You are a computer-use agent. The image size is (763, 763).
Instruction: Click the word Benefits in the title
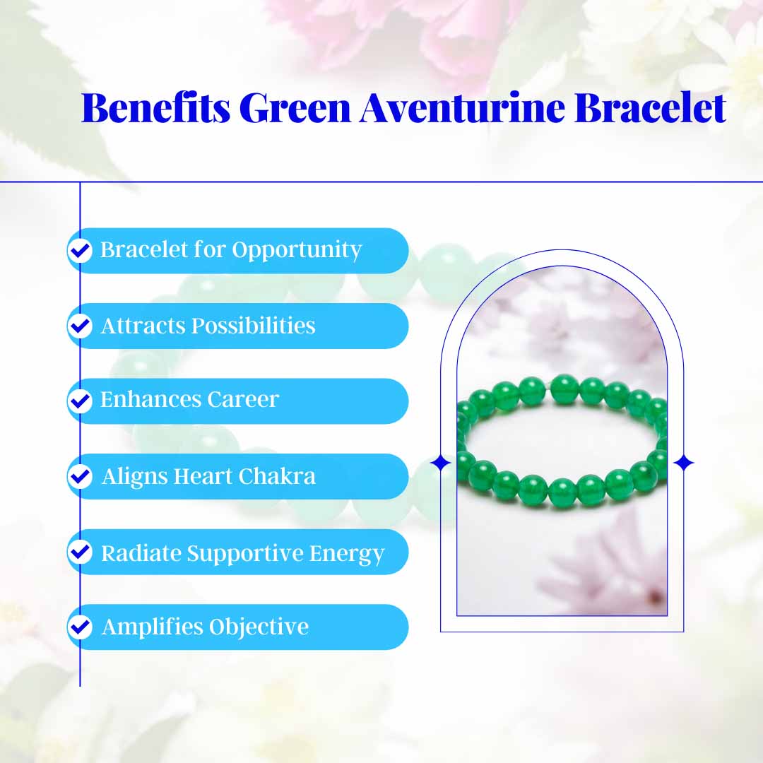click(x=155, y=108)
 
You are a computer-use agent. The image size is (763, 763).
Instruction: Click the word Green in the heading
click(x=295, y=108)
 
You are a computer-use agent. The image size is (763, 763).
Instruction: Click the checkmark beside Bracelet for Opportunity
click(x=81, y=250)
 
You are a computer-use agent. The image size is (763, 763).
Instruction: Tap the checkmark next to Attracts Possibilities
click(x=81, y=326)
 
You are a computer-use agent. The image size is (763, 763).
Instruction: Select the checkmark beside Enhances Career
click(x=81, y=401)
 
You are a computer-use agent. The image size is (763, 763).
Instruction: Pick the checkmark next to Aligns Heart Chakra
click(x=81, y=476)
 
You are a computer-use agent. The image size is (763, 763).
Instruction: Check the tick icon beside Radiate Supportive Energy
click(x=81, y=552)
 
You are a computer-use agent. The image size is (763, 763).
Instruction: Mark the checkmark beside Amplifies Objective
click(x=81, y=627)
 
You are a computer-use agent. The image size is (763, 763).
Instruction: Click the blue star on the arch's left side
click(x=441, y=463)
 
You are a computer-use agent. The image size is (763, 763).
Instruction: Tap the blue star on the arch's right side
click(x=683, y=463)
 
